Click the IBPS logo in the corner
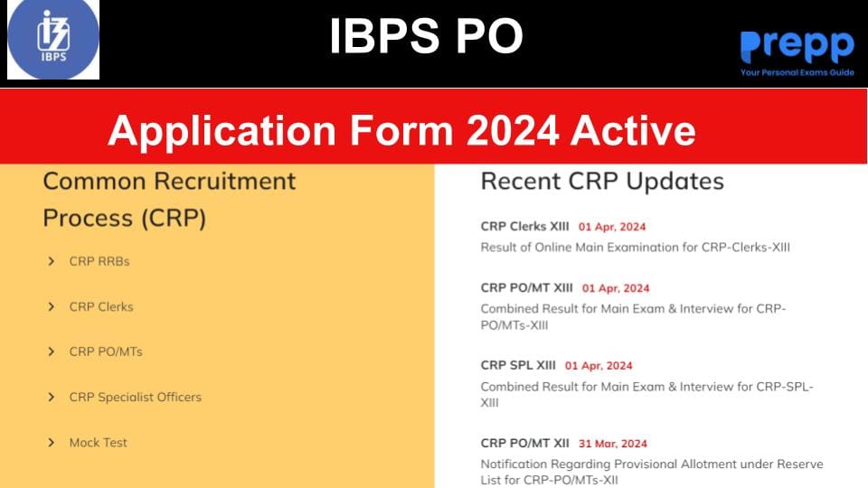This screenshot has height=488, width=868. [x=53, y=41]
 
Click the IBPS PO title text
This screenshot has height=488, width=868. [x=426, y=37]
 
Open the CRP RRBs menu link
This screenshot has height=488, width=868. [x=99, y=261]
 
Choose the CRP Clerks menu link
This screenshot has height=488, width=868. [x=101, y=306]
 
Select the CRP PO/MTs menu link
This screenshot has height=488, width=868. [x=106, y=352]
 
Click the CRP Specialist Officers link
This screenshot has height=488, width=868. [x=136, y=397]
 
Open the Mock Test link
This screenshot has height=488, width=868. [x=99, y=442]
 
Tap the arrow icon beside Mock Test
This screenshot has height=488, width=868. [x=52, y=442]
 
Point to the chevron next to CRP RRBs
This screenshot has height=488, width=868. [x=52, y=261]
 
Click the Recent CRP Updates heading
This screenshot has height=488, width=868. [x=602, y=181]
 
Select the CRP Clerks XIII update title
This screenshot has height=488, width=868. [x=525, y=227]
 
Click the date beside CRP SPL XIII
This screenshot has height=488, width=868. [x=599, y=366]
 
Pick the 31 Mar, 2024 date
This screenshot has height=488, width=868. [x=612, y=444]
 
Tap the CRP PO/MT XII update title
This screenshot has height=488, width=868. [x=525, y=443]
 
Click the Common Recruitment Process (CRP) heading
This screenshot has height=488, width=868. [x=169, y=199]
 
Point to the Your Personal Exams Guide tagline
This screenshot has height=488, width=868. [x=797, y=72]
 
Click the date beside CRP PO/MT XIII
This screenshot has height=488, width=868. [x=616, y=288]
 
